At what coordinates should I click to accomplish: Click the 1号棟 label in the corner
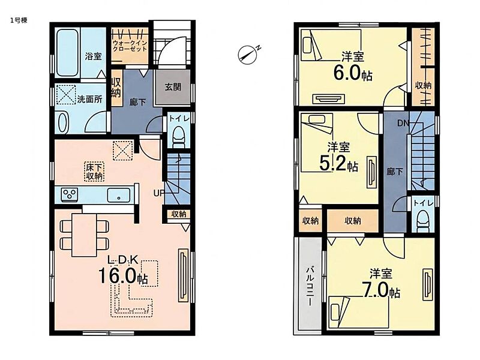tap(19, 20)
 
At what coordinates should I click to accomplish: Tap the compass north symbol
tap(248, 55)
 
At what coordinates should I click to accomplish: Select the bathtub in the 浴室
tap(67, 53)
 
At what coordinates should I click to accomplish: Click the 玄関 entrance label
tap(173, 87)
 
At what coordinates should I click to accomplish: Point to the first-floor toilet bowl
tap(178, 138)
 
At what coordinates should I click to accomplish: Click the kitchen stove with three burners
tap(70, 194)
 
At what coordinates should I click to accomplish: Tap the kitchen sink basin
tap(118, 195)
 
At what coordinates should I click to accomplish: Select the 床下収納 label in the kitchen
tap(94, 172)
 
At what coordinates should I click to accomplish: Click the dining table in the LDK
tap(84, 235)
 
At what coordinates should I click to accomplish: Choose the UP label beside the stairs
tap(158, 193)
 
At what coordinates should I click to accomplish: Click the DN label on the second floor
tap(403, 124)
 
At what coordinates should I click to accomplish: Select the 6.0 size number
tap(347, 73)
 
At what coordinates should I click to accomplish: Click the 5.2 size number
tap(333, 164)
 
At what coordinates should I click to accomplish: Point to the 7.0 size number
tap(375, 289)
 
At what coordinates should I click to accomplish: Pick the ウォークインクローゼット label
tap(130, 46)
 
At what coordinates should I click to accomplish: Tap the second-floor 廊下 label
tap(395, 172)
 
